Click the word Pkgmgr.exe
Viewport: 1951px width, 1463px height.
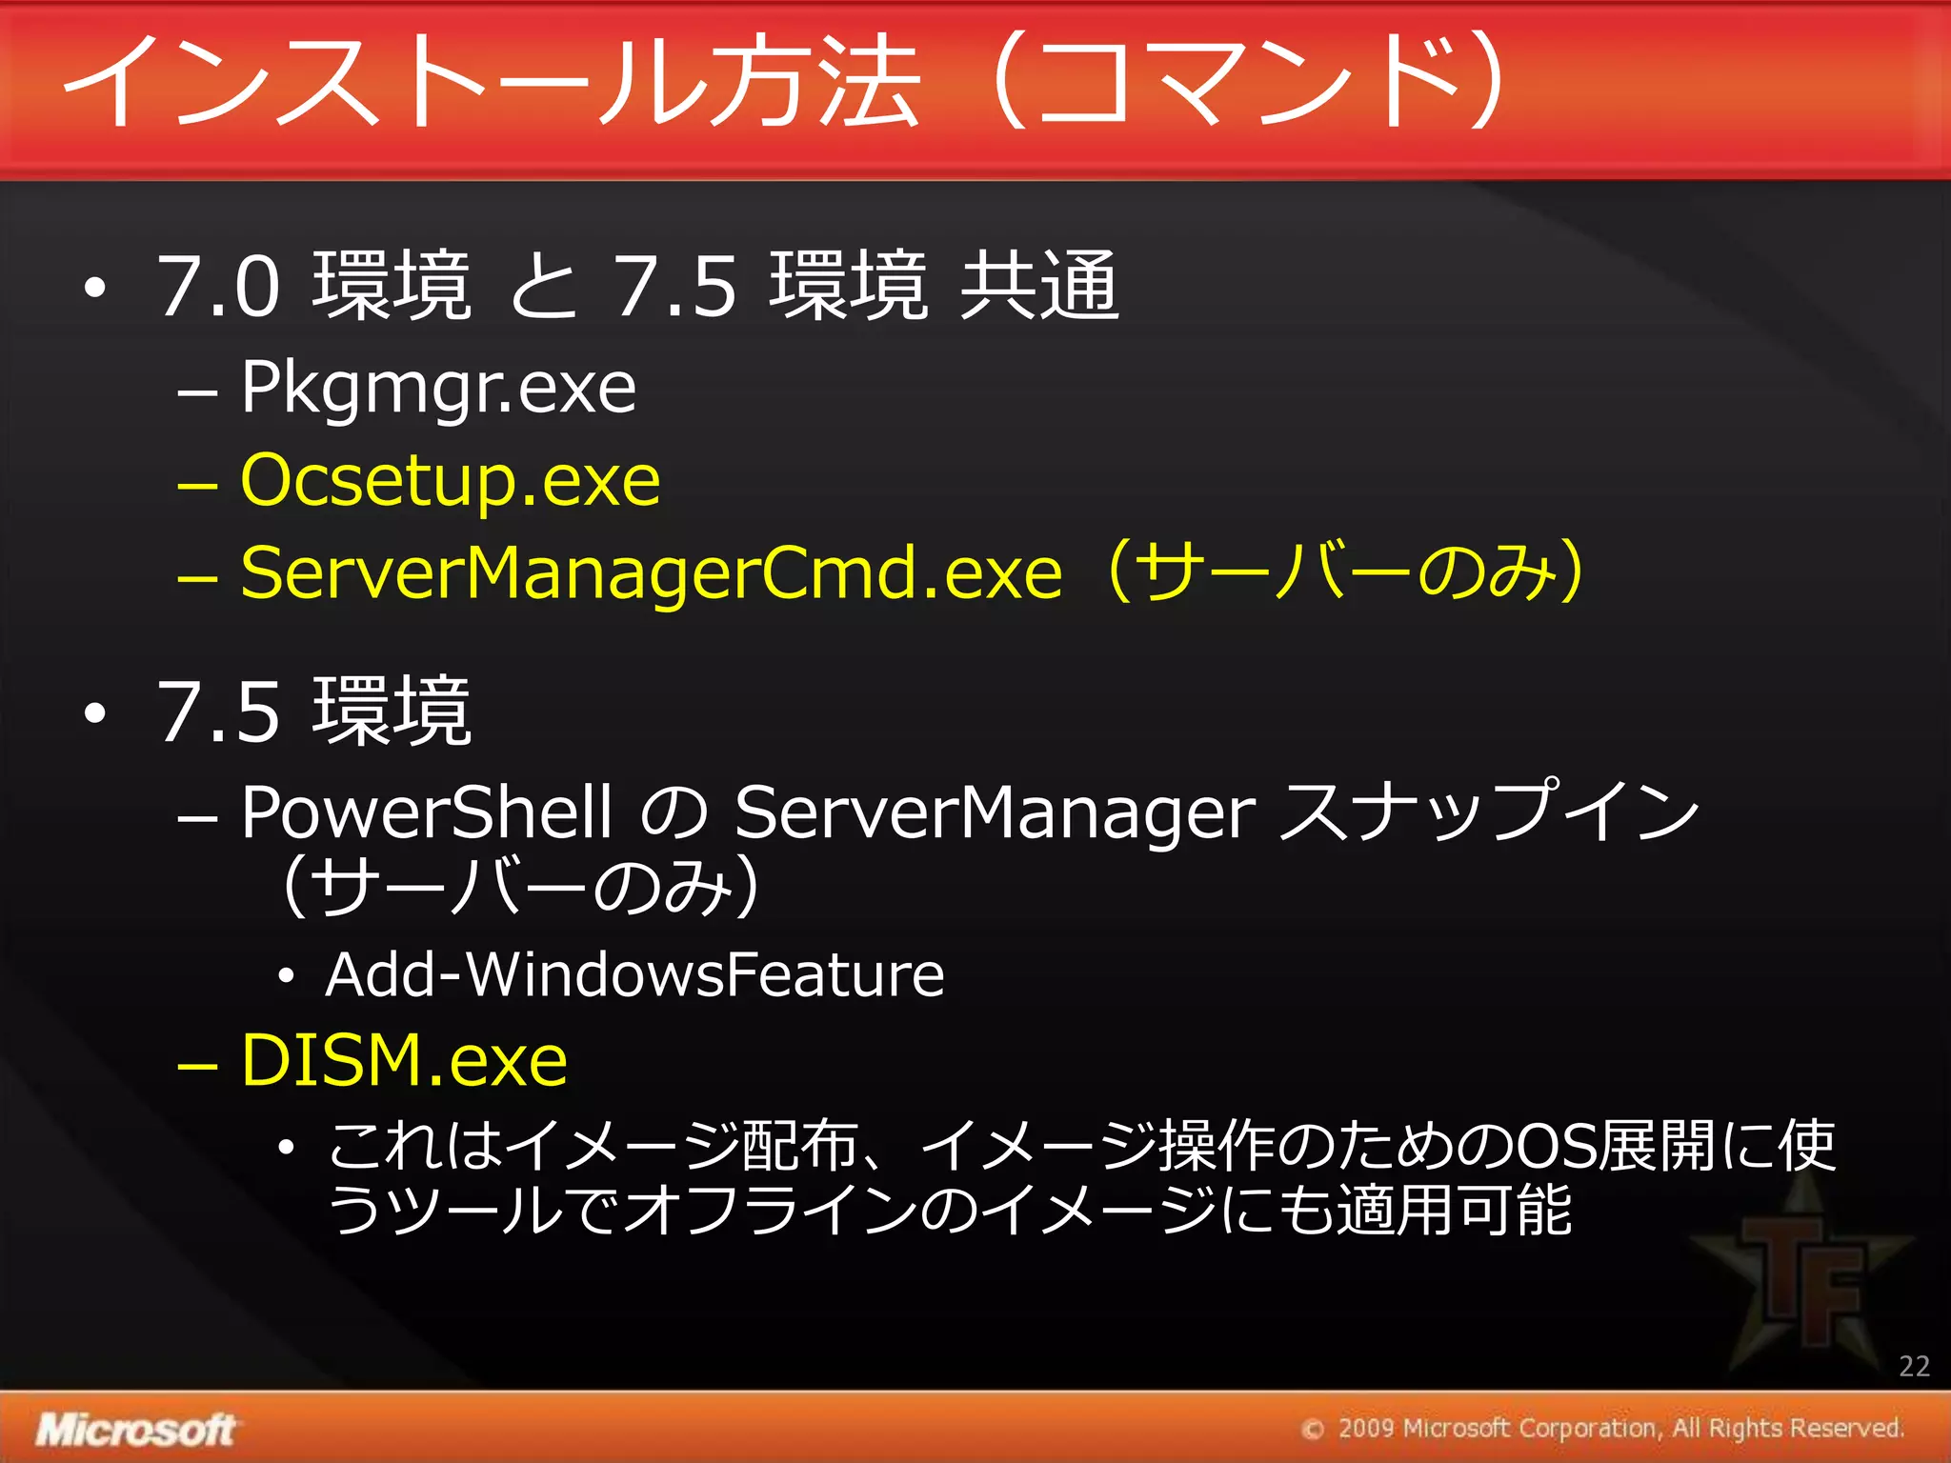[x=438, y=389]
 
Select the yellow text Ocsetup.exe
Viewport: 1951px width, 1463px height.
[x=450, y=480]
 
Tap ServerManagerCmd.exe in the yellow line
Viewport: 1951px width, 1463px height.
[x=651, y=573]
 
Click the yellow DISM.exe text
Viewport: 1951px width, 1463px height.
[x=404, y=1060]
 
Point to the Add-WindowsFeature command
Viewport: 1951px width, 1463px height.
[x=634, y=975]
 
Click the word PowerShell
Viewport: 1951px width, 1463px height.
[x=426, y=812]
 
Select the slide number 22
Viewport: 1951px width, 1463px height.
[x=1914, y=1366]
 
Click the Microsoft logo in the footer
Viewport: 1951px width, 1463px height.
[x=135, y=1430]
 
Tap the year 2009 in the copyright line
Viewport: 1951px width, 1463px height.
[x=1366, y=1428]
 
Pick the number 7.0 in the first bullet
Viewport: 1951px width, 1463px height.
[x=219, y=286]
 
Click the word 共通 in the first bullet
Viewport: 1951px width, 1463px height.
[x=1038, y=286]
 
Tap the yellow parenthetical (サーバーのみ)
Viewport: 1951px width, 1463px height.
[x=1346, y=571]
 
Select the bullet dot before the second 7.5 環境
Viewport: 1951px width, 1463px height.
[x=93, y=713]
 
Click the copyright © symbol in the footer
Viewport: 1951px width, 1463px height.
[x=1314, y=1430]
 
